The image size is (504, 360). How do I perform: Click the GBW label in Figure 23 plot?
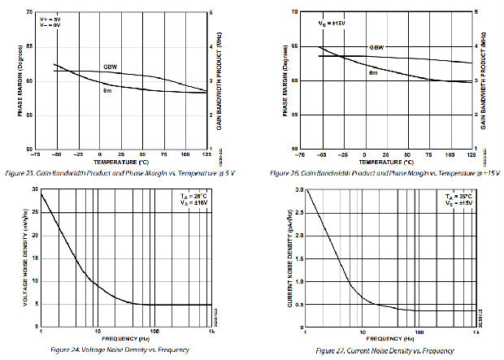[111, 66]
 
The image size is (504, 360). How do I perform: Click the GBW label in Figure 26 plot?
[376, 48]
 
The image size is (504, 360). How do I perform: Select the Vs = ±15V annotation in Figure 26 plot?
[330, 24]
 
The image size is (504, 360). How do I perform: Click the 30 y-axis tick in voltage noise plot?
[34, 189]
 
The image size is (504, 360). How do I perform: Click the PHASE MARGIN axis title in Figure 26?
[285, 81]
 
